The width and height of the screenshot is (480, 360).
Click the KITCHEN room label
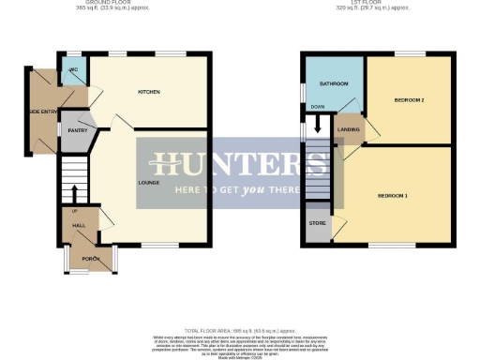click(x=149, y=92)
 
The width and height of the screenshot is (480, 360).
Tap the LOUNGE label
click(x=148, y=182)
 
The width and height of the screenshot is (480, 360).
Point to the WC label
click(x=73, y=70)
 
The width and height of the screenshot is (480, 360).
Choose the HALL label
click(x=79, y=226)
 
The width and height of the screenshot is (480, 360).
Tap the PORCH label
click(x=91, y=258)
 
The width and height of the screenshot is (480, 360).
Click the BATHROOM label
click(x=334, y=84)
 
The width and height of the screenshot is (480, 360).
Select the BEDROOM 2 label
click(x=410, y=99)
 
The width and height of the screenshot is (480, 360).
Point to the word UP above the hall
click(x=74, y=211)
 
